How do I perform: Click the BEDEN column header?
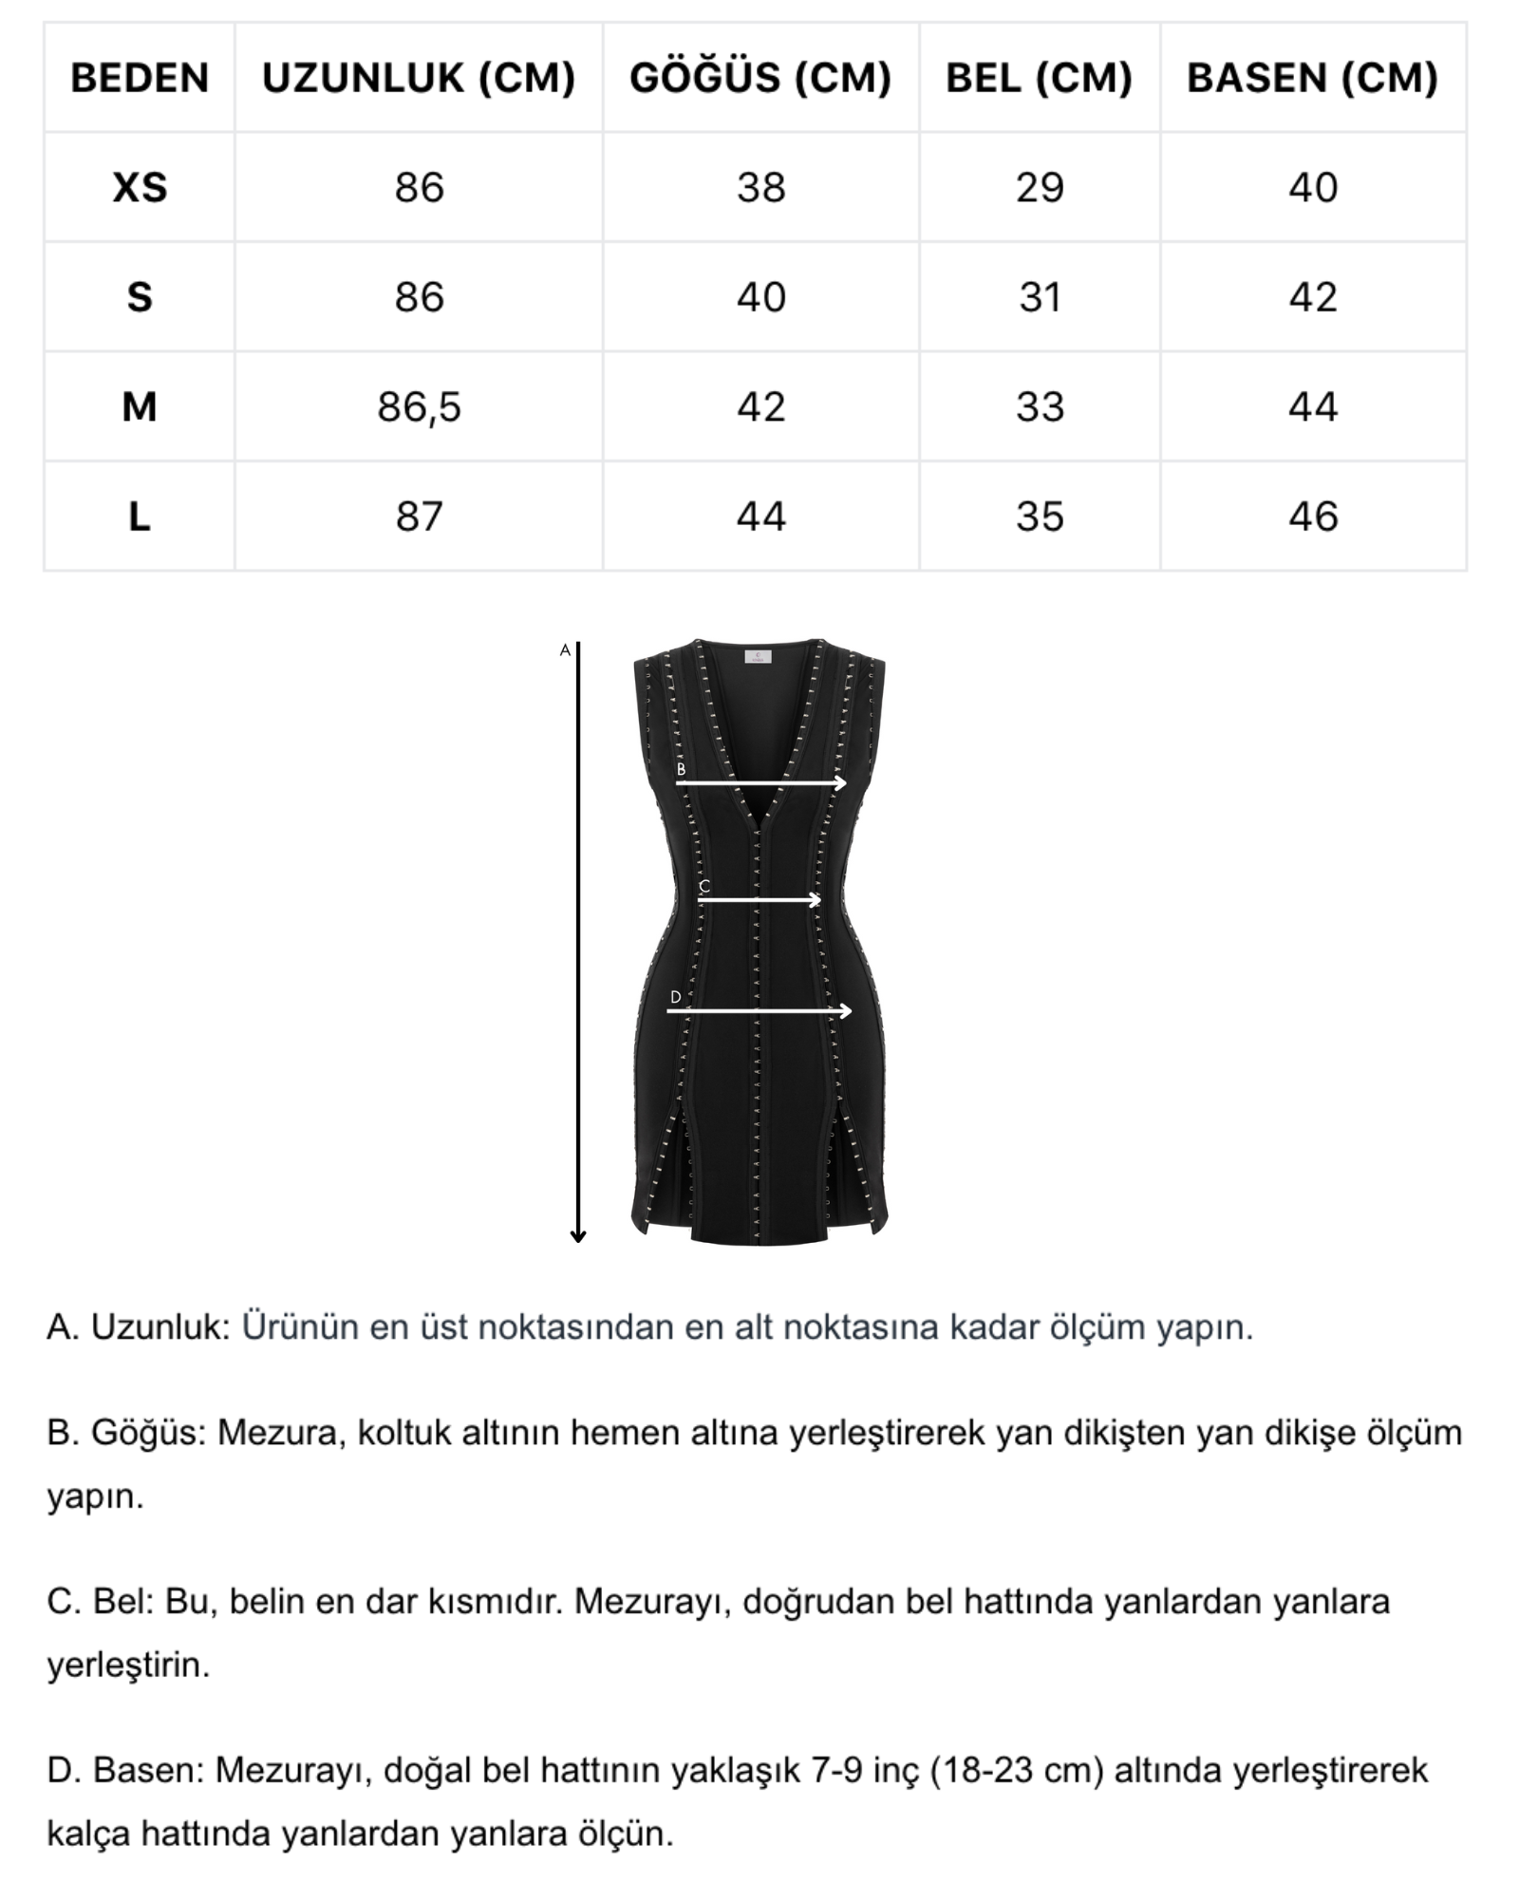tap(140, 78)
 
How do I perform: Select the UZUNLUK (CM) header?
tap(419, 78)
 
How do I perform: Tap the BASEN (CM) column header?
tap(1312, 78)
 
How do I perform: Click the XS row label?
tap(140, 188)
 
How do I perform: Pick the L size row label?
tap(140, 517)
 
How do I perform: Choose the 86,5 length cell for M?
tap(419, 407)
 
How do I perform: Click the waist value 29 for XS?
tap(1040, 188)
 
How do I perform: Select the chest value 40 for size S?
tap(760, 298)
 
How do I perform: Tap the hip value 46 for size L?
tap(1312, 517)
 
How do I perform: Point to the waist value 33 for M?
tap(1040, 407)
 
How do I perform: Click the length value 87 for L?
tap(419, 517)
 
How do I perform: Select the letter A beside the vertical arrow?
tap(565, 650)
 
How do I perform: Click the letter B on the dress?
tap(681, 770)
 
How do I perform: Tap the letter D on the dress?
tap(675, 997)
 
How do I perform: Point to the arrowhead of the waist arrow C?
tap(816, 900)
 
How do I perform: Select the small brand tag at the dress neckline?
tap(758, 656)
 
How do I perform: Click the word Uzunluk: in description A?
tap(160, 1327)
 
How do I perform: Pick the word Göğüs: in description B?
tap(148, 1433)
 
